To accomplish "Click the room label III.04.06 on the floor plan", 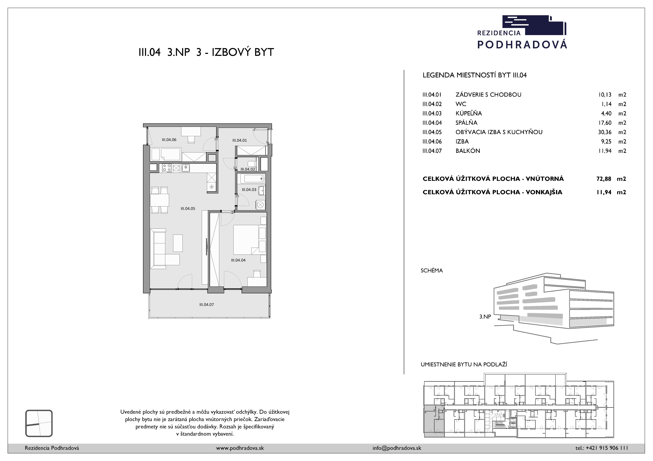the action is [x=169, y=140].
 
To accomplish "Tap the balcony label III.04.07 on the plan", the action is [x=206, y=304].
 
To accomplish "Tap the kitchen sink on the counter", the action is [x=186, y=168].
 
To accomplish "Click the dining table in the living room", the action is [x=160, y=200].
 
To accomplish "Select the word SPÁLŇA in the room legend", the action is [x=466, y=123].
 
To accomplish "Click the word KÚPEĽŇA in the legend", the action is [x=469, y=113].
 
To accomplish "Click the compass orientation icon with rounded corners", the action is [x=39, y=423].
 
